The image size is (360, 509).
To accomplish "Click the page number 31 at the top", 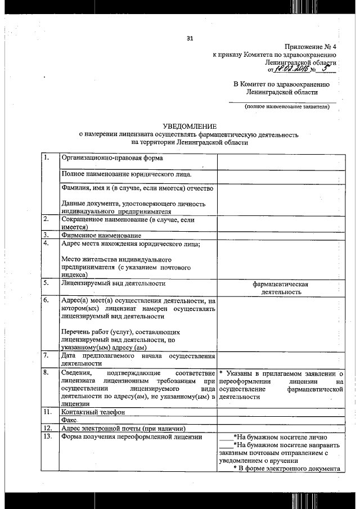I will [190, 38].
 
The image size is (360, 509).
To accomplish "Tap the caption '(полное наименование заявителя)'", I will [286, 107].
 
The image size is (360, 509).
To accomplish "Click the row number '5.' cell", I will [47, 283].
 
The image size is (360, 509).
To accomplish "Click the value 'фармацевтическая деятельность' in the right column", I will [280, 288].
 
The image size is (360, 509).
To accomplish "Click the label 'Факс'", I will [69, 420].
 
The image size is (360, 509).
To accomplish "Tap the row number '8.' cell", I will [47, 372].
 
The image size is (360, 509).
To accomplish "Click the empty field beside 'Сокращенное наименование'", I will [280, 223].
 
